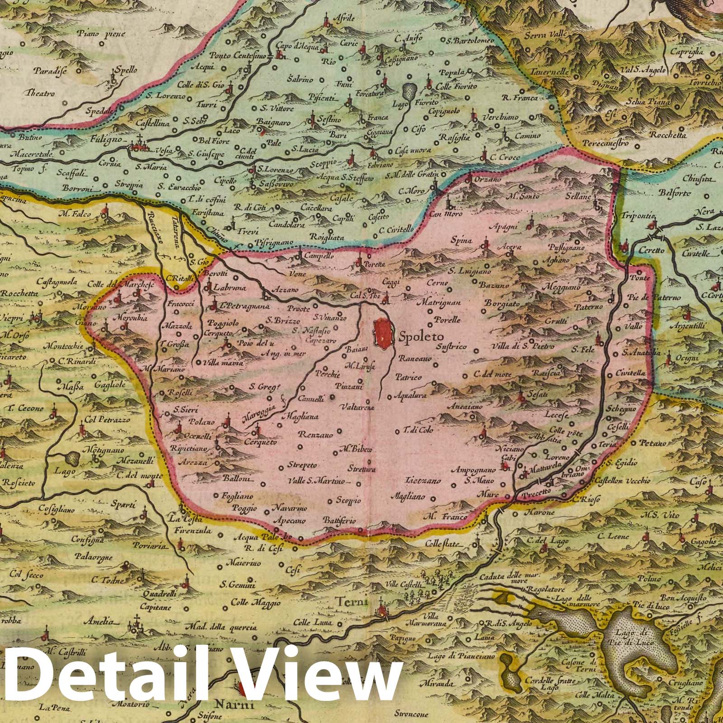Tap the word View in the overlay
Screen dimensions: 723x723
coord(316,678)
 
